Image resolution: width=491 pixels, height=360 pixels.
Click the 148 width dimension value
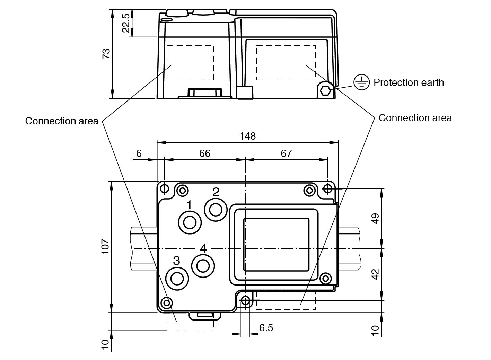click(247, 136)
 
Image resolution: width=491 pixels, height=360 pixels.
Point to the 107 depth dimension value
click(105, 247)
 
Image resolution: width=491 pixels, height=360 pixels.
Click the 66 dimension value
click(204, 153)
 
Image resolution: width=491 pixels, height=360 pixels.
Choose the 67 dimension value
click(286, 153)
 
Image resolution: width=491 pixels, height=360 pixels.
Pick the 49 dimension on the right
click(376, 219)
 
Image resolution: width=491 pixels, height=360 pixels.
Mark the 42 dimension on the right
click(376, 274)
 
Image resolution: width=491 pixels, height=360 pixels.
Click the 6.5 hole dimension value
click(266, 327)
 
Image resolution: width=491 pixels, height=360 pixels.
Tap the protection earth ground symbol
click(361, 82)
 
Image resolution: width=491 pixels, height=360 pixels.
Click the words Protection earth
click(409, 82)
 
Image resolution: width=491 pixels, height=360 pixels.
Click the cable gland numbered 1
click(190, 222)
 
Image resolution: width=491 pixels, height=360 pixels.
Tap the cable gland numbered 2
click(216, 209)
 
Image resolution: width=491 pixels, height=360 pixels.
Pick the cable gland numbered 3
click(177, 278)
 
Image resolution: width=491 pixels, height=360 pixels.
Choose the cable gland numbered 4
click(203, 266)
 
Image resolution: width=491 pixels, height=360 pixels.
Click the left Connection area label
click(62, 121)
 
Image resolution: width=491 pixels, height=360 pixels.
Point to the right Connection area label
click(415, 118)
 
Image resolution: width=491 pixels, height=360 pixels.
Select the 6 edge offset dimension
click(139, 153)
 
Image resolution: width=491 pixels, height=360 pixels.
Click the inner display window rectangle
click(276, 245)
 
